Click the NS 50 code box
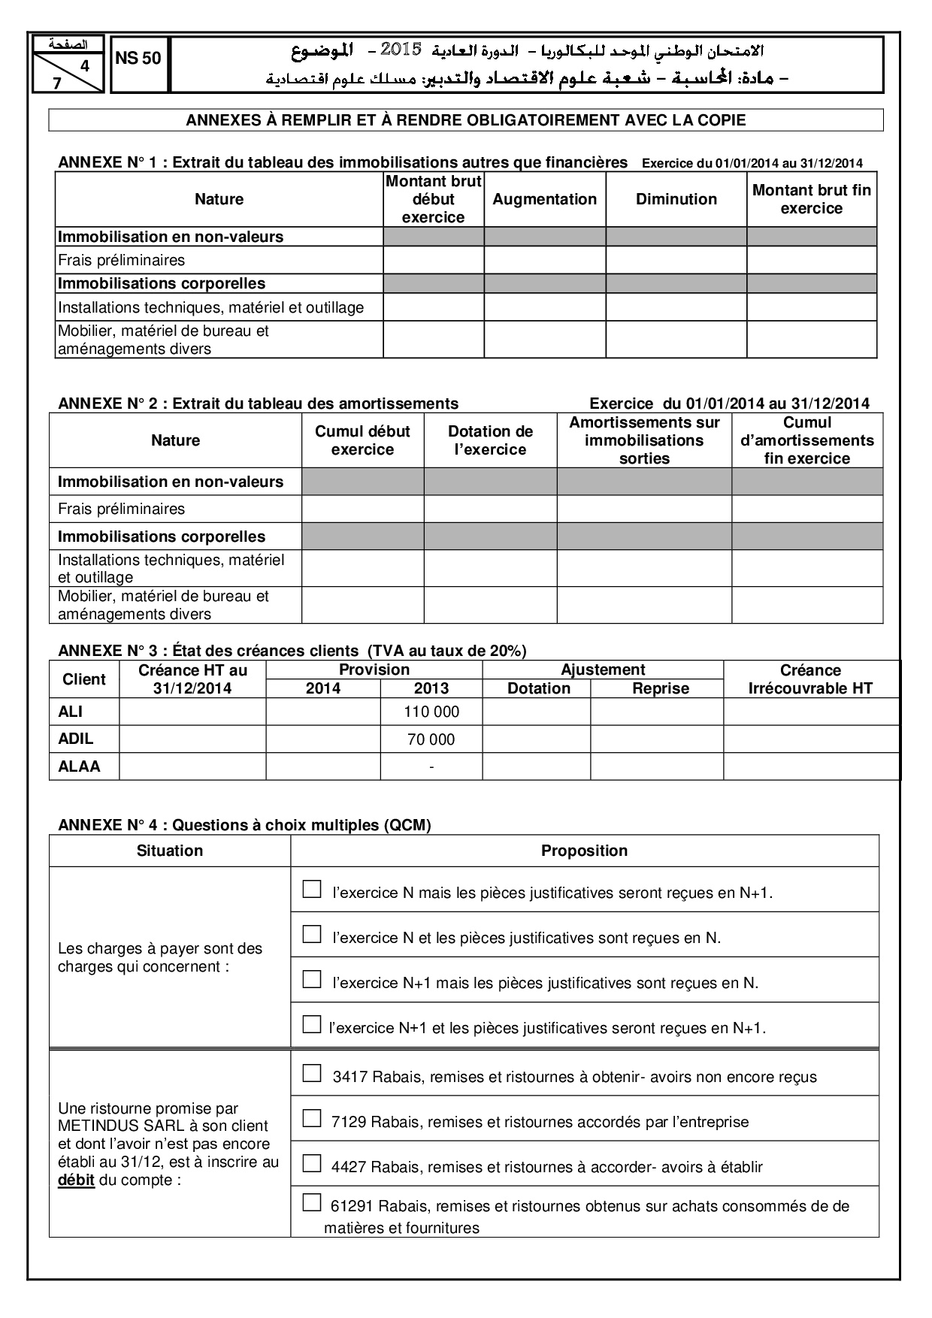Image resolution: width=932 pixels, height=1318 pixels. coord(138,59)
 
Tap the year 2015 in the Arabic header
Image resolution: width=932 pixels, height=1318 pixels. coord(401,50)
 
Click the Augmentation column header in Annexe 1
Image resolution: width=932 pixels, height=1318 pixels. coord(544,199)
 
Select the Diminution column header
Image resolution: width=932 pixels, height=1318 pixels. coord(676,199)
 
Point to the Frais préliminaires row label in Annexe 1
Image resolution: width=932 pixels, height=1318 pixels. coord(121,260)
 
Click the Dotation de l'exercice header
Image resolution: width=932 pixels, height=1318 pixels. coord(490,440)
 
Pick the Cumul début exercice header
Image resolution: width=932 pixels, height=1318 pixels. coord(362,440)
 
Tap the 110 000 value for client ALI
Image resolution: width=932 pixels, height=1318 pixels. coord(431,712)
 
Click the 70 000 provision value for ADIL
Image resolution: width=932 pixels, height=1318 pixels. coord(431,739)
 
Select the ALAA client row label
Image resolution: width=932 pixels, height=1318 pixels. coord(79,766)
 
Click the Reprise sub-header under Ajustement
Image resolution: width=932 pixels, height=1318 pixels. coord(661,688)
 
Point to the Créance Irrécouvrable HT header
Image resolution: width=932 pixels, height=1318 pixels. coord(810,679)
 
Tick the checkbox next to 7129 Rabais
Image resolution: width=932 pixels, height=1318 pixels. coord(311,1118)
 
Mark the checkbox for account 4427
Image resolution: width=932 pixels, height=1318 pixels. coord(311,1163)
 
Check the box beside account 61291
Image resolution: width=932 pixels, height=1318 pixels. coord(311,1202)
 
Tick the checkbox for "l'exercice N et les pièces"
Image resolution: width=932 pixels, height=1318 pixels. coord(311,934)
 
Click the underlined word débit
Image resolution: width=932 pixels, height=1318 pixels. coord(77,1180)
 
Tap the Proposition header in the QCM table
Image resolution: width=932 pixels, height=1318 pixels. coord(584,851)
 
